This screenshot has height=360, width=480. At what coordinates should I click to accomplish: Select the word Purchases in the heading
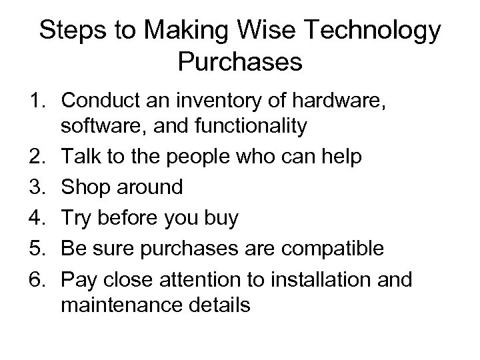(241, 63)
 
